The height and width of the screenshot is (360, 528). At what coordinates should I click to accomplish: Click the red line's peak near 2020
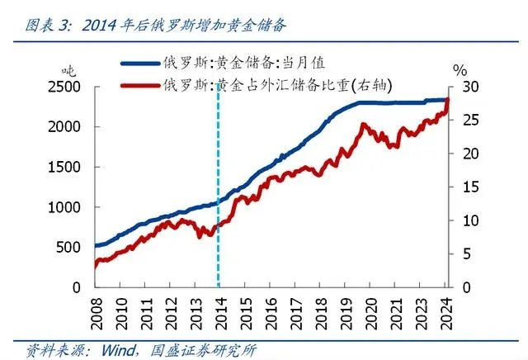[x=364, y=124]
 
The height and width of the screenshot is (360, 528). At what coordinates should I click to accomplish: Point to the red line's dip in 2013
[x=207, y=235]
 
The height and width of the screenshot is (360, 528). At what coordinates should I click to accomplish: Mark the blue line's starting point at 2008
[x=95, y=245]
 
